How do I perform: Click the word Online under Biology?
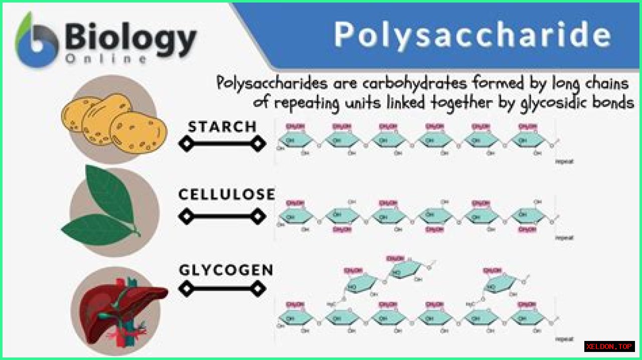105,59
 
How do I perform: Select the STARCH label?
222,127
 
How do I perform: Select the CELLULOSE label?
227,195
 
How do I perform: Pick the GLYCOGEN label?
226,271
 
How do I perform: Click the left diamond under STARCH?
186,144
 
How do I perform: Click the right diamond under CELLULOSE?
258,217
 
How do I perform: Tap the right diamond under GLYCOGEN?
258,289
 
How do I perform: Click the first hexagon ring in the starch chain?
296,140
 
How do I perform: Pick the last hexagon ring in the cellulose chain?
528,217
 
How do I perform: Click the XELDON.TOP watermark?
609,346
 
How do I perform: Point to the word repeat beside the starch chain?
564,162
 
